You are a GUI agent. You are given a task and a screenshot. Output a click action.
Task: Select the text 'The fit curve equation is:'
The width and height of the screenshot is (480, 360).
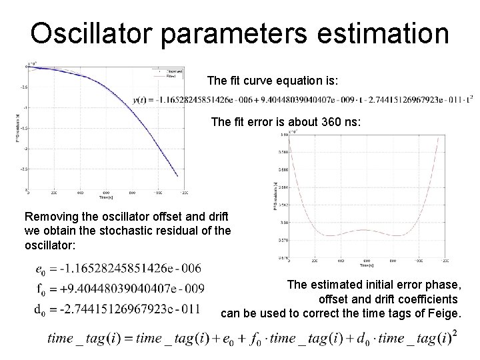click(x=273, y=81)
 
